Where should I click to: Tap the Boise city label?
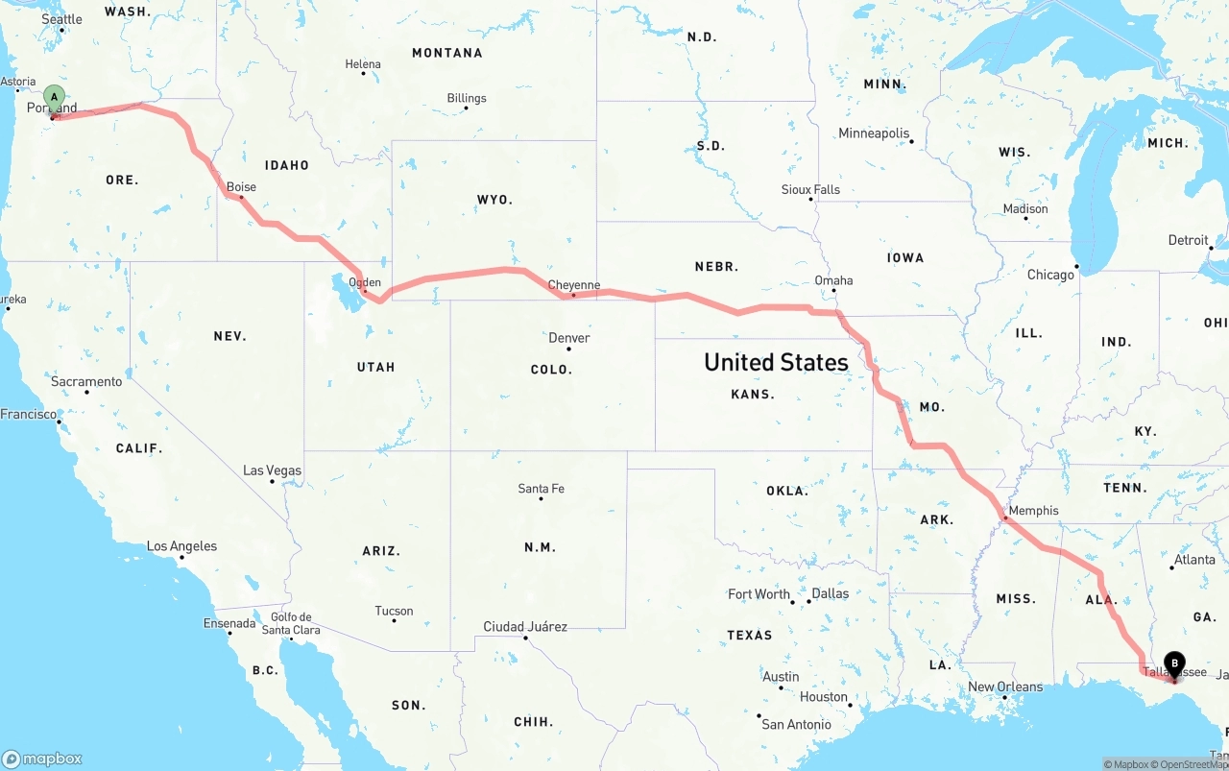[241, 187]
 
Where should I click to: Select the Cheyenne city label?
[573, 285]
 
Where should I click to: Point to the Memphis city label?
[1033, 511]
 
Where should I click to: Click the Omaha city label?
[833, 280]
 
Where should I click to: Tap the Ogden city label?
[365, 283]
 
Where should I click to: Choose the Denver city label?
[568, 338]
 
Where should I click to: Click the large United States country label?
[776, 362]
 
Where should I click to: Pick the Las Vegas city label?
[272, 470]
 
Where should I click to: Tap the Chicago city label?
[1050, 275]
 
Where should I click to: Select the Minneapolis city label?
[874, 133]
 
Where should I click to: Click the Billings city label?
[467, 98]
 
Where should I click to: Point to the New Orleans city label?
[1004, 687]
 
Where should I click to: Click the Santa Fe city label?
[541, 489]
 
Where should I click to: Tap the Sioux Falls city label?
[810, 189]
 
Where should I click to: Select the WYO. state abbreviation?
[494, 200]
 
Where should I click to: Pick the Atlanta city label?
[1193, 560]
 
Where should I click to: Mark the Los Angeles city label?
[181, 546]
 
